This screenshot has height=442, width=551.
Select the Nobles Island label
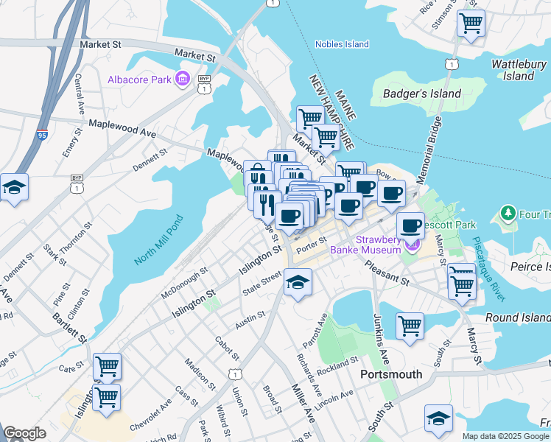click(x=342, y=44)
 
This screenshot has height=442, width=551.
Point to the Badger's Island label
click(x=422, y=94)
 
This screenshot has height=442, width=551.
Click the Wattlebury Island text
click(x=519, y=70)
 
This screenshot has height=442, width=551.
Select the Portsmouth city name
click(x=391, y=374)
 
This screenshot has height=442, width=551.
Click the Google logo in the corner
click(x=24, y=433)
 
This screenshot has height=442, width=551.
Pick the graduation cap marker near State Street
click(x=298, y=282)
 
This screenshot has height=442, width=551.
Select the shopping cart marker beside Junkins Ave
click(x=410, y=325)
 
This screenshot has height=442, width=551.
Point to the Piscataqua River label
click(x=489, y=268)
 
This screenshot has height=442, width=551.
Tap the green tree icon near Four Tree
click(x=507, y=214)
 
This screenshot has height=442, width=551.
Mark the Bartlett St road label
click(x=69, y=326)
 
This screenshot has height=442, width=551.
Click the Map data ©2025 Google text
click(x=505, y=436)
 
